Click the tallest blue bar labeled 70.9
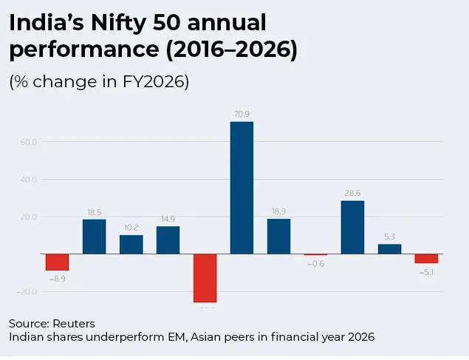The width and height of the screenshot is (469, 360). pos(242,188)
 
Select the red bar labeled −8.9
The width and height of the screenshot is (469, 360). pos(57,262)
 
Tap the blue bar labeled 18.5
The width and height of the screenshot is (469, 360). pos(94,237)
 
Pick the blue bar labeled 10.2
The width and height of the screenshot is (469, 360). pos(131,245)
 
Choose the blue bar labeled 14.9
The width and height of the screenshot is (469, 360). pos(168,240)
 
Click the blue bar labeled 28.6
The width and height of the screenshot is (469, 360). pos(352,228)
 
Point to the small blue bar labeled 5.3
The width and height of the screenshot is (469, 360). pos(389,249)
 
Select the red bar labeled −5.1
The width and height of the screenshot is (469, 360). pos(426,259)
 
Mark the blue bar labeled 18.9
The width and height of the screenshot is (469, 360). pos(278,237)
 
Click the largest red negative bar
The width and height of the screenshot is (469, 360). pos(205,278)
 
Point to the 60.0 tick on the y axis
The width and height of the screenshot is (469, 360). pos(29,142)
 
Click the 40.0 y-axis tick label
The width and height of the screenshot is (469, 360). pos(29,180)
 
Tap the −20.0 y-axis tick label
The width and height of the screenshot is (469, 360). pos(27,291)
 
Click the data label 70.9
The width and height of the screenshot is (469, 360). pos(242,114)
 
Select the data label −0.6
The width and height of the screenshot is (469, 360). pos(315,263)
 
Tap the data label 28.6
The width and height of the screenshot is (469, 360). pos(352,193)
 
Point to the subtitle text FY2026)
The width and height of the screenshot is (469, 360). pos(157,81)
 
